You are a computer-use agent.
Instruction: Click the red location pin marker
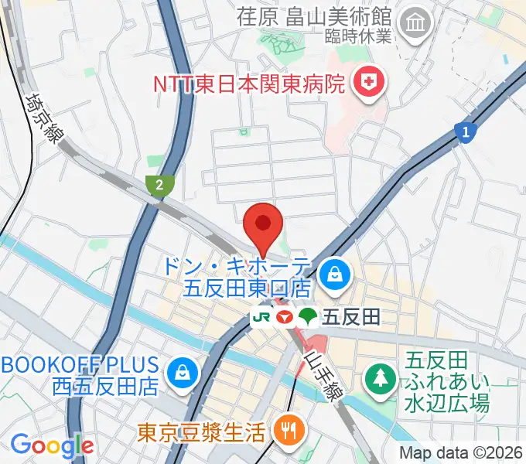[263, 225]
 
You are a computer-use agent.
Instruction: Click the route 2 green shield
[159, 184]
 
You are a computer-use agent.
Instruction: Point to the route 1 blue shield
[464, 133]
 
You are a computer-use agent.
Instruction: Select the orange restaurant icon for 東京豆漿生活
[290, 430]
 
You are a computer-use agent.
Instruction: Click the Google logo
[52, 445]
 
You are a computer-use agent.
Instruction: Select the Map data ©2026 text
[461, 452]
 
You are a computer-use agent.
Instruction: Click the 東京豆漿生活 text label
[202, 430]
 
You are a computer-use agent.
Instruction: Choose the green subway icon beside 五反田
[309, 316]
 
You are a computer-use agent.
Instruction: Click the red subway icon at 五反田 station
[285, 316]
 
